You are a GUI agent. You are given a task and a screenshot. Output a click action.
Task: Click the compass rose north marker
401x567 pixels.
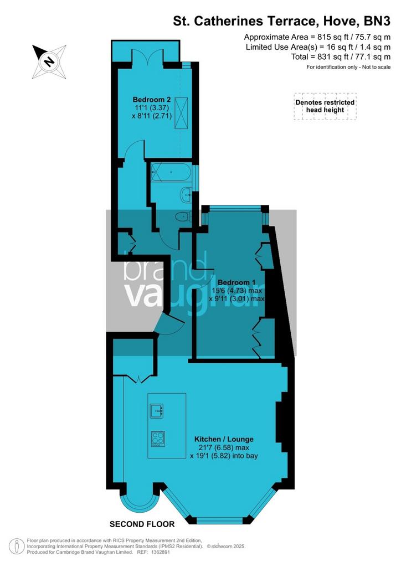(x=49, y=61)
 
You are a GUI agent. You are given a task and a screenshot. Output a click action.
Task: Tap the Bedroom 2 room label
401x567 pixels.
(x=152, y=100)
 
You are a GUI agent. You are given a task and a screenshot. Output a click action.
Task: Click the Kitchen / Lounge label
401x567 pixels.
(x=224, y=439)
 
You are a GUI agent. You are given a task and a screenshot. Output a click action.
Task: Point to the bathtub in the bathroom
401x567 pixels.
(x=171, y=172)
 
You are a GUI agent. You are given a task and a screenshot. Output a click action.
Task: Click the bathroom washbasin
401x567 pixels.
(x=186, y=194)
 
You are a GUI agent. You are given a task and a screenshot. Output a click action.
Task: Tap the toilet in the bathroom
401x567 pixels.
(x=184, y=217)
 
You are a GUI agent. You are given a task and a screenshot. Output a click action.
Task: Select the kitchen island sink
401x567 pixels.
(x=157, y=410)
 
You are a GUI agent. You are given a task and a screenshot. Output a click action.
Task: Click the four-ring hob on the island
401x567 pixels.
(x=158, y=439)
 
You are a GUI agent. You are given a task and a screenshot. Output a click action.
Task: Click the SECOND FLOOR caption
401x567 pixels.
(x=142, y=524)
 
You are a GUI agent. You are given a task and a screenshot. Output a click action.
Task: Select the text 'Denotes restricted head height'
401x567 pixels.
(x=325, y=106)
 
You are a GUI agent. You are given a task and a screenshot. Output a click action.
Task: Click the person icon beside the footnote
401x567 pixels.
(x=15, y=546)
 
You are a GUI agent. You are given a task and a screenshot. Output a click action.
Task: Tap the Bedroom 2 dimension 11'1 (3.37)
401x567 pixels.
(x=152, y=108)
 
